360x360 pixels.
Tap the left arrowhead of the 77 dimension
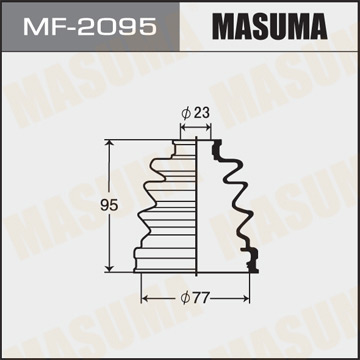[144, 297]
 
